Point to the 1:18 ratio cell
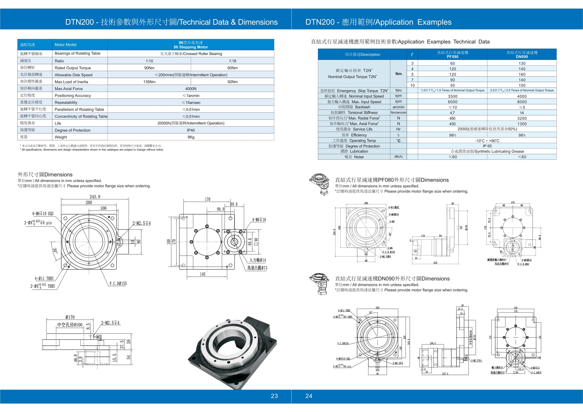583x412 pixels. click(x=232, y=61)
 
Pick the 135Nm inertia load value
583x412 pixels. click(x=149, y=82)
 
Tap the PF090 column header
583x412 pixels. click(x=453, y=57)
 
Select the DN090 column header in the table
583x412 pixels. click(x=522, y=57)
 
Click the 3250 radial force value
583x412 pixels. click(x=522, y=118)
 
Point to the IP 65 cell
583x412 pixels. click(x=487, y=146)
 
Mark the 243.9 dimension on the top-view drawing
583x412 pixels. click(x=95, y=197)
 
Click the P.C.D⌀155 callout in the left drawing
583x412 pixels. click(x=118, y=284)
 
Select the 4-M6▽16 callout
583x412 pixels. click(x=259, y=220)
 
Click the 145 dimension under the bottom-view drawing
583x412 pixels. click(x=202, y=274)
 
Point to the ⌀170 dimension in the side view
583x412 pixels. click(x=70, y=317)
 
